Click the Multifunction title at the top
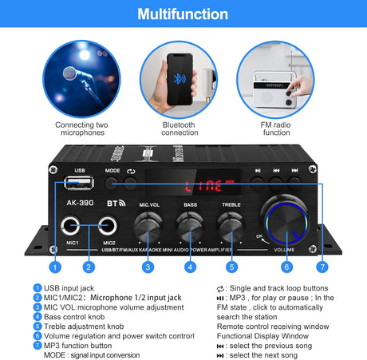point(183,14)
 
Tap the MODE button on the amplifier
point(112,183)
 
